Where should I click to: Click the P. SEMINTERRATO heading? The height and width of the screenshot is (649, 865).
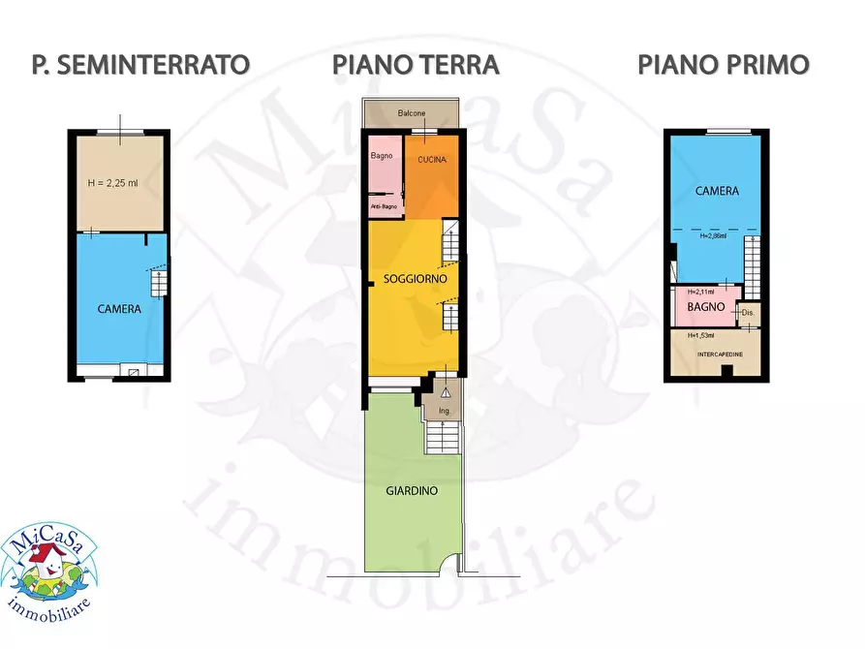pos(140,65)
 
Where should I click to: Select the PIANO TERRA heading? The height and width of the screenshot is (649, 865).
pos(416,65)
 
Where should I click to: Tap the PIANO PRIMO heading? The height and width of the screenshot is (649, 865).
pos(723,65)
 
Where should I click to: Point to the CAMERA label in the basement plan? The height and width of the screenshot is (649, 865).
pos(120,310)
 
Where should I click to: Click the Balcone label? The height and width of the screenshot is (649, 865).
pos(412,113)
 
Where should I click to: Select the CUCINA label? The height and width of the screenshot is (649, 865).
pos(432,160)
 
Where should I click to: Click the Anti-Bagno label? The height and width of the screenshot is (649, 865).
pos(384,206)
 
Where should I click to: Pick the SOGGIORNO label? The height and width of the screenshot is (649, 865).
pos(415,278)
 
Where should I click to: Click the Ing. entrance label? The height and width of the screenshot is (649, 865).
pos(444,411)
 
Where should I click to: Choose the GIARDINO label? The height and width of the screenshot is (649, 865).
pos(412,491)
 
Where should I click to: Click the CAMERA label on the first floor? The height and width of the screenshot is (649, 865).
pos(717,191)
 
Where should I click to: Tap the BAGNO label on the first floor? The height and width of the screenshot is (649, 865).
pos(706,307)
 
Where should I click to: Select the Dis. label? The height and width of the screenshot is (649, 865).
pos(747,313)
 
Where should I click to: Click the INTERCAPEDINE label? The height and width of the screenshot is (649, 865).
pos(721,355)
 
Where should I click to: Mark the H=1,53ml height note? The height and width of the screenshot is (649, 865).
pos(700,336)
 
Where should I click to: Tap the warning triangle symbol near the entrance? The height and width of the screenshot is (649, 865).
pos(445,392)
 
